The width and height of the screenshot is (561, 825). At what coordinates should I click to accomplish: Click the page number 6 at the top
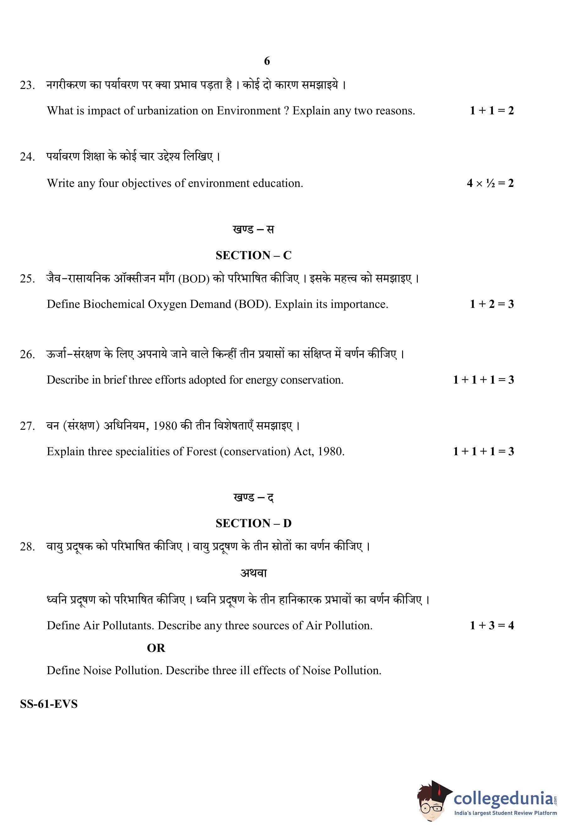pos(267,61)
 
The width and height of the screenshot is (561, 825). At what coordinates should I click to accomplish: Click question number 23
pos(27,85)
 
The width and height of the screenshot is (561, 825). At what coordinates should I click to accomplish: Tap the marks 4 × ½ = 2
pos(490,183)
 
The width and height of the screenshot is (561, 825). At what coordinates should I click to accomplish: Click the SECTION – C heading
pos(253,255)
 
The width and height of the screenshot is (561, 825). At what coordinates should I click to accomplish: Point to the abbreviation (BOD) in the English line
pos(252,304)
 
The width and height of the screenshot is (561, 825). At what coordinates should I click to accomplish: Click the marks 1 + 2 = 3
pos(492,304)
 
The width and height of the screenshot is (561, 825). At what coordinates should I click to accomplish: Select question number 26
pos(27,355)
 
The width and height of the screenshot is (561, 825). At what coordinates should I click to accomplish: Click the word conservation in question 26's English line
pos(311,380)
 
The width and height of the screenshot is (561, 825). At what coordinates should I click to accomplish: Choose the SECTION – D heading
pos(253,523)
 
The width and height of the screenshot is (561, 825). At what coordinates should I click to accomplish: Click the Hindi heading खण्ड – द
pos(253,497)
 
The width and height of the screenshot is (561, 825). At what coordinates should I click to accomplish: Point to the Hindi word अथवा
pos(253,573)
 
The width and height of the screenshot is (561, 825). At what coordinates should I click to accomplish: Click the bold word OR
pos(156,648)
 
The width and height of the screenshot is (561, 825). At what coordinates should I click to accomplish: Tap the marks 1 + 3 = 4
pos(492,626)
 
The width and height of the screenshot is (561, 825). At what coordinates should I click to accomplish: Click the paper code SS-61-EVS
pos(49,704)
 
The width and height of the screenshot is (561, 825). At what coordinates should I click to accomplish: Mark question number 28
pos(27,547)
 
